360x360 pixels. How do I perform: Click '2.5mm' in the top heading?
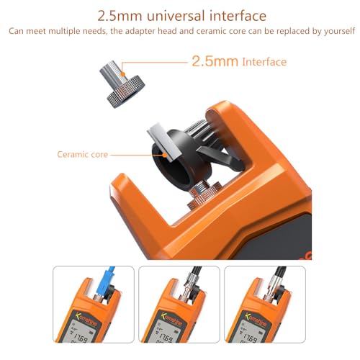(x=120, y=15)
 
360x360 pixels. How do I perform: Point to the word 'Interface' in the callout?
(x=264, y=62)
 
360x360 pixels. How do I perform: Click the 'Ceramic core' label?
(x=81, y=154)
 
